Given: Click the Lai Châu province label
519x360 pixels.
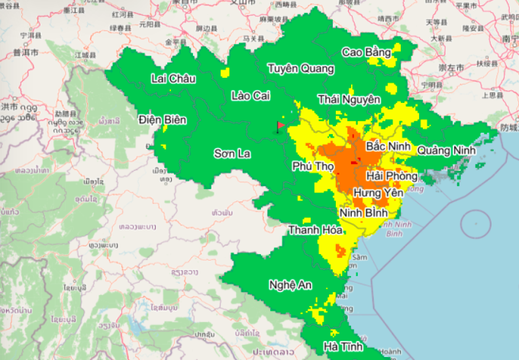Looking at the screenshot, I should tap(173, 79).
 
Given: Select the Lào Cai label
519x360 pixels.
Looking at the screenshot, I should tap(251, 95).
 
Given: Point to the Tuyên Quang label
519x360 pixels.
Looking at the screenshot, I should tap(300, 69).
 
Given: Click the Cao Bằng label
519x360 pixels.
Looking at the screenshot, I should tap(366, 52).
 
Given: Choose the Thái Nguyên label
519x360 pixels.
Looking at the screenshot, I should tap(349, 99).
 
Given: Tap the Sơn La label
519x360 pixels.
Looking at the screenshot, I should tap(232, 153).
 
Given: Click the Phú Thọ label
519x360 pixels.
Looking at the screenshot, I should tap(312, 166).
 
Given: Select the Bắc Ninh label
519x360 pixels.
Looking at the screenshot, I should tap(388, 145).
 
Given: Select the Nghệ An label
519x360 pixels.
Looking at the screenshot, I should tap(291, 284).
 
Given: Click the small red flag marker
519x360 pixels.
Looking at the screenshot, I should tap(279, 126).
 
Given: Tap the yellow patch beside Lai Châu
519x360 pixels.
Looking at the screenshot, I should tap(224, 73).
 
